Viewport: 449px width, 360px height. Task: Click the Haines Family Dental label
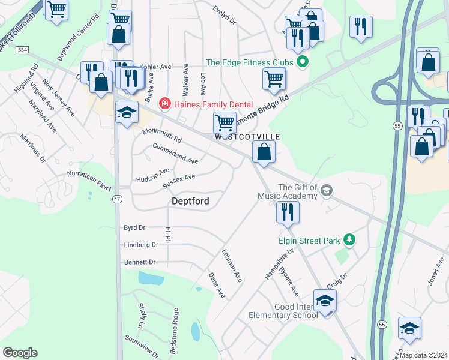coord(214,104)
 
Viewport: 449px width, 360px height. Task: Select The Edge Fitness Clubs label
coord(249,62)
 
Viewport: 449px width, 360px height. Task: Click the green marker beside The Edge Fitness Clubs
coord(303,62)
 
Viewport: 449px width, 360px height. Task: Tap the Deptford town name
coord(191,202)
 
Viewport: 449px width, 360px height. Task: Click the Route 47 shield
coord(117,199)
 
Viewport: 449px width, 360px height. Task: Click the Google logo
coord(20,352)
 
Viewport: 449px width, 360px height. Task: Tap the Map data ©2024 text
coord(423,355)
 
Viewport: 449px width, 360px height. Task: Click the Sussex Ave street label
coord(179,181)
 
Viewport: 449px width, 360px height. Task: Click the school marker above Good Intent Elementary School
coord(325,301)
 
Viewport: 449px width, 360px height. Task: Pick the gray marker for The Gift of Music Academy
coord(326,191)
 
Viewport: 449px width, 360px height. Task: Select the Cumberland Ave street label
coord(175,153)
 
